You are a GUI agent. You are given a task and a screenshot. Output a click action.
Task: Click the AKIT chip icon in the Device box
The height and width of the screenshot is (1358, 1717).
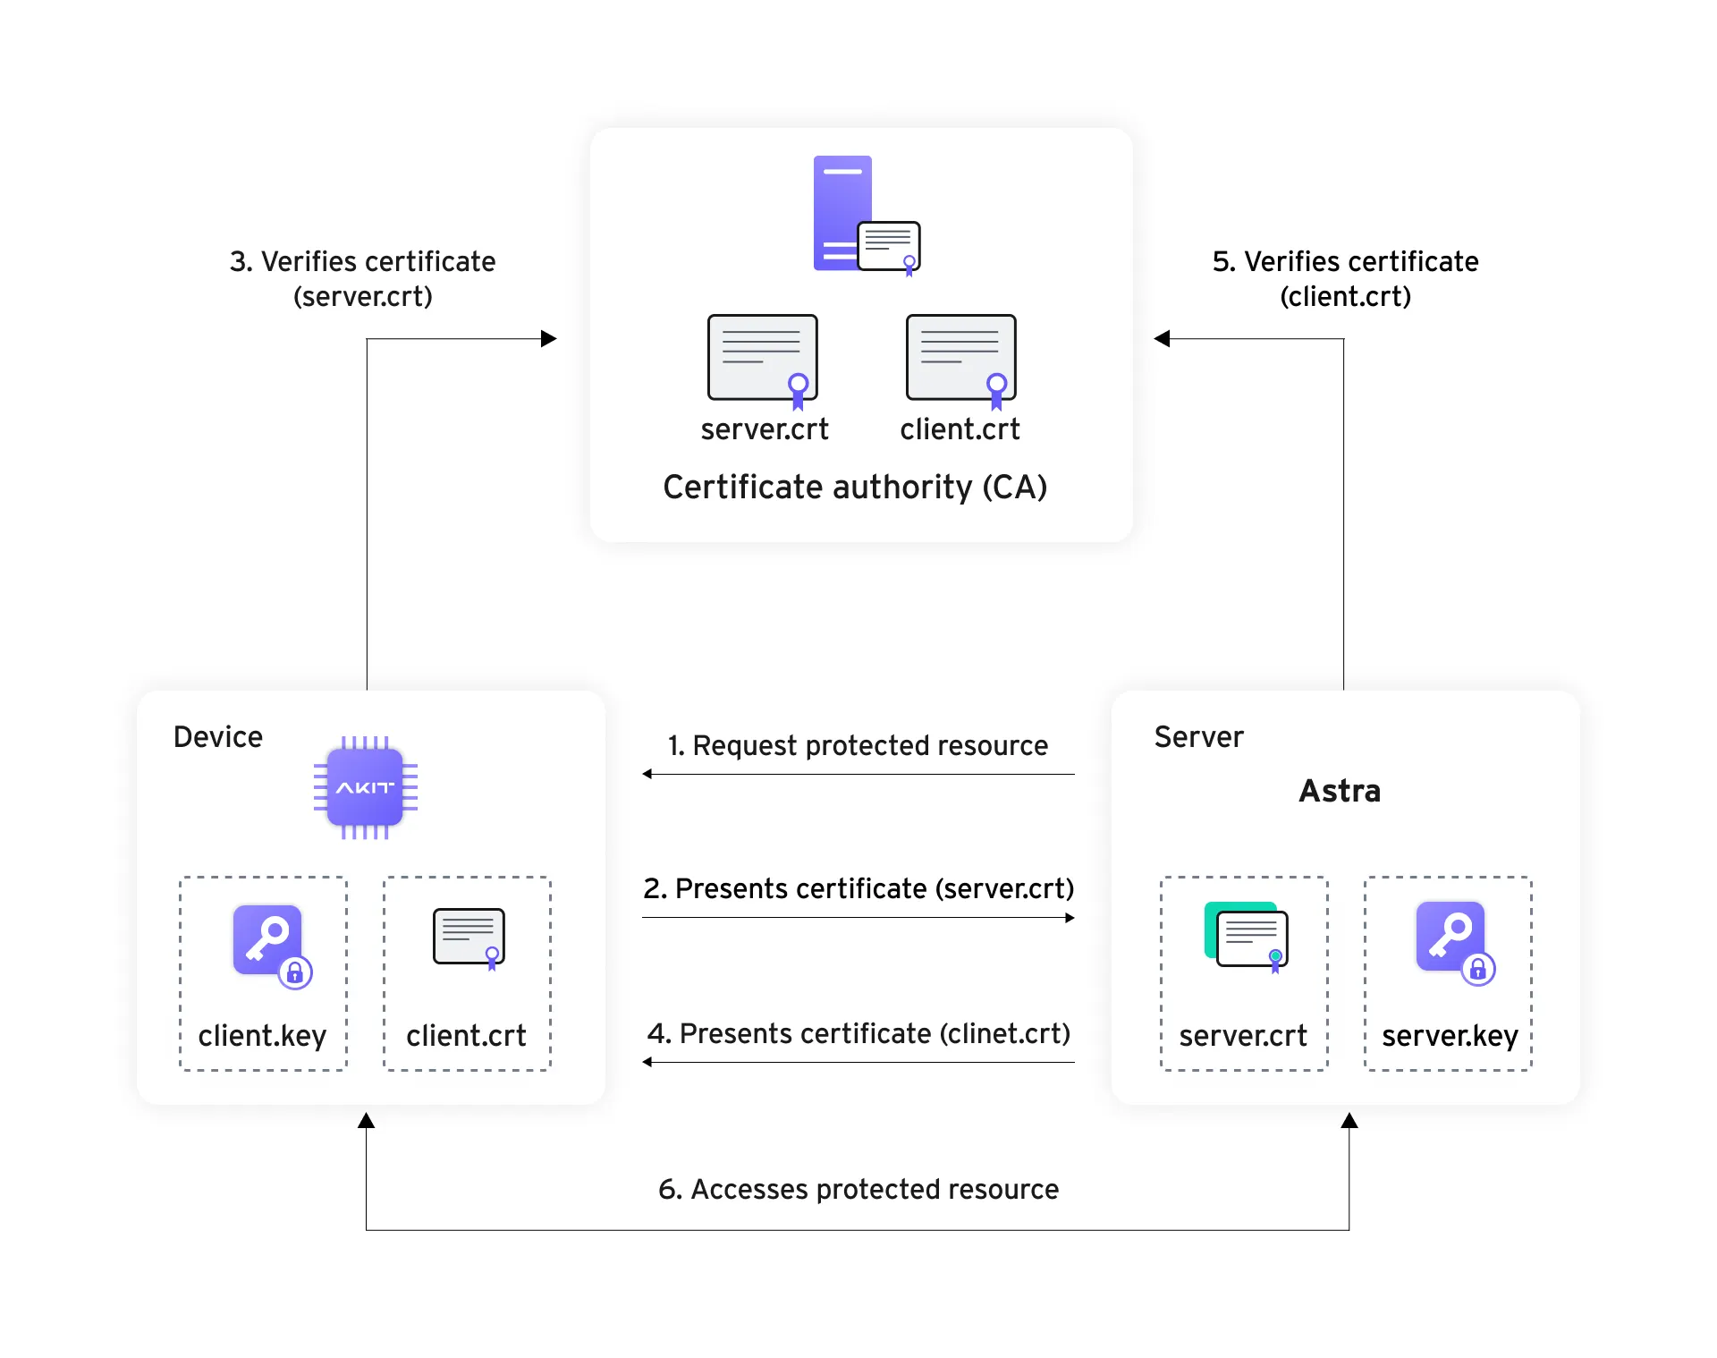click(365, 787)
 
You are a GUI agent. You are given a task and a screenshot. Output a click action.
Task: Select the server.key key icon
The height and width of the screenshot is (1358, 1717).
click(1452, 940)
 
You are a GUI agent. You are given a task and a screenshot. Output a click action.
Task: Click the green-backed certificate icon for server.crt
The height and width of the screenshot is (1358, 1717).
click(1247, 936)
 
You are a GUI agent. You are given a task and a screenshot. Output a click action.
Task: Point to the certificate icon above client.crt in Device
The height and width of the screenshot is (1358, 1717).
click(469, 938)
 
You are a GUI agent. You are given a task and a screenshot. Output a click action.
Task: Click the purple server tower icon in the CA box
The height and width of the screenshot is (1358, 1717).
click(842, 213)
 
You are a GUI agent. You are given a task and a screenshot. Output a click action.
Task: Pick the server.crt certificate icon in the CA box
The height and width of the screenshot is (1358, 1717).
click(763, 359)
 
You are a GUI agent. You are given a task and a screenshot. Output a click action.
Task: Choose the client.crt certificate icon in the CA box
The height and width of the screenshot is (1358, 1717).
click(961, 359)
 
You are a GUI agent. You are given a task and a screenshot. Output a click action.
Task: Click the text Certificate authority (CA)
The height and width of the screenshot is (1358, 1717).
click(855, 488)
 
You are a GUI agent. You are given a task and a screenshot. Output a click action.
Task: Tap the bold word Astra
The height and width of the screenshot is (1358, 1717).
click(1340, 791)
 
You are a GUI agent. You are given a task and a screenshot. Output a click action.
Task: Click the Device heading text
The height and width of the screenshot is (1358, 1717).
click(218, 737)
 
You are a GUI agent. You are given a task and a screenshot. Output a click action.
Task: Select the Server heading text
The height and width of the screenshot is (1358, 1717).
click(1198, 737)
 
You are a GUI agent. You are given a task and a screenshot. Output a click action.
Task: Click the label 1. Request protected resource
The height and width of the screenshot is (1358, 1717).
click(858, 745)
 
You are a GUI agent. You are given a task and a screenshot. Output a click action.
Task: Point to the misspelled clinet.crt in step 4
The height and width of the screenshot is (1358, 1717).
click(1004, 1033)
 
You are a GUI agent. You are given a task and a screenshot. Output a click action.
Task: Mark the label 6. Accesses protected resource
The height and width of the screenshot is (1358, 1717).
click(858, 1189)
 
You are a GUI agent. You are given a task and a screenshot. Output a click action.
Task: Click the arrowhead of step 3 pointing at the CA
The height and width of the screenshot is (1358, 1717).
click(550, 339)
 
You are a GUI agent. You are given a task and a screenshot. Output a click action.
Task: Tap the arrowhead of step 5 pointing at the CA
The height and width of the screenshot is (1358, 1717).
click(1161, 339)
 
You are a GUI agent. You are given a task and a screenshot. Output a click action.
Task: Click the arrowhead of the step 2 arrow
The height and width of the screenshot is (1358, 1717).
click(1070, 918)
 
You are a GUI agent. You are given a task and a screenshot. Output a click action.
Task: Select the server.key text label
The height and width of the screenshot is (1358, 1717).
click(1450, 1036)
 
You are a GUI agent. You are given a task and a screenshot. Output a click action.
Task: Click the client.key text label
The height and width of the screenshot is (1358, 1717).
click(262, 1036)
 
